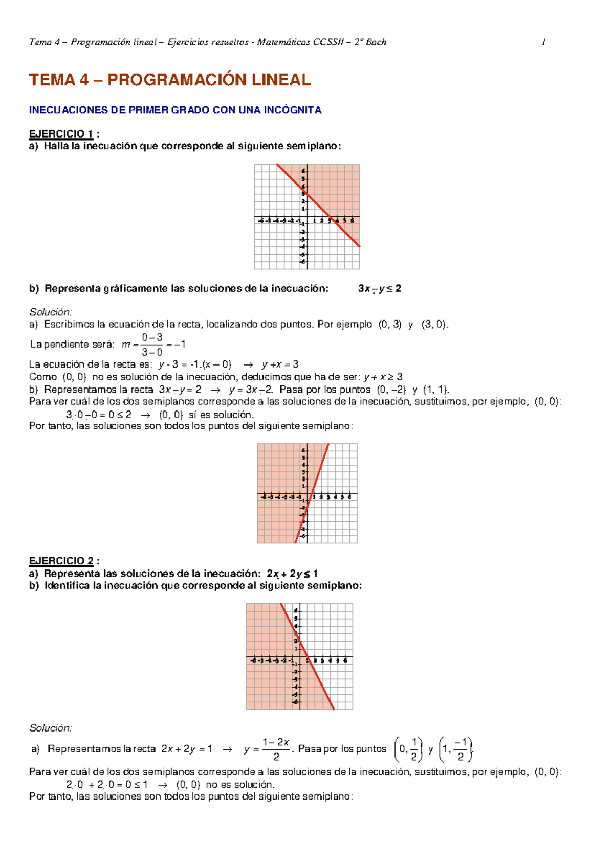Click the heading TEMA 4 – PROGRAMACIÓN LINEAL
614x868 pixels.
pyautogui.click(x=169, y=80)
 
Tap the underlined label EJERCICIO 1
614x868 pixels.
pyautogui.click(x=61, y=134)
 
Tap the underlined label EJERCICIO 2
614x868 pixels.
pyautogui.click(x=61, y=561)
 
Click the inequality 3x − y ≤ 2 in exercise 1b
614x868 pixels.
pyautogui.click(x=379, y=288)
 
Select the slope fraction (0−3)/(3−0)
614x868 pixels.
pyautogui.click(x=152, y=345)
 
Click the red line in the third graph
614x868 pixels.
pyautogui.click(x=307, y=656)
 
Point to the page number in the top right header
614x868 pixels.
pyautogui.click(x=543, y=42)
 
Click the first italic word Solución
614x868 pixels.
pyautogui.click(x=50, y=312)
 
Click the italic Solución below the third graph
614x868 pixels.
pyautogui.click(x=50, y=727)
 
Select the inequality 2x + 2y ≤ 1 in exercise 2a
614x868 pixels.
pyautogui.click(x=292, y=574)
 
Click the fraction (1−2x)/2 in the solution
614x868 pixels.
pyautogui.click(x=276, y=749)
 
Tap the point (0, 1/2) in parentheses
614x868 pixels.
pyautogui.click(x=408, y=749)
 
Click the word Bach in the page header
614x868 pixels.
pyautogui.click(x=376, y=42)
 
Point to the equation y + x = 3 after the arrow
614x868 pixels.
pyautogui.click(x=280, y=364)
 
